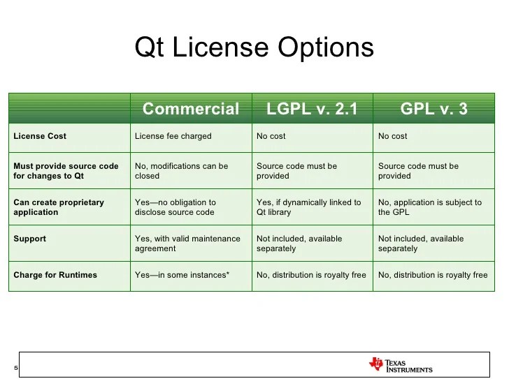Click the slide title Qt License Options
[x=254, y=47]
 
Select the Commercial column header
[x=191, y=109]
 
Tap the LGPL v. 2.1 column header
[x=312, y=109]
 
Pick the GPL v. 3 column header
[x=433, y=109]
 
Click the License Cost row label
[x=40, y=136]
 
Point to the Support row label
[x=30, y=239]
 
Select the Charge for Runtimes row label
[x=55, y=275]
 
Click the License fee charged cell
[x=173, y=136]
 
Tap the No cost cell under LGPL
[x=271, y=136]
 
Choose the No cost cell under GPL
[x=392, y=136]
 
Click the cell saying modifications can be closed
[x=182, y=171]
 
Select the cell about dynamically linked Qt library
[x=309, y=207]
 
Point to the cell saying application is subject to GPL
[x=430, y=207]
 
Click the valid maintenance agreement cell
[x=187, y=244]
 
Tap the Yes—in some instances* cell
[x=182, y=275]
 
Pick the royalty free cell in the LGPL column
[x=311, y=275]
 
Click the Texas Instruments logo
[x=401, y=365]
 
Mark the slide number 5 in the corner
[x=16, y=368]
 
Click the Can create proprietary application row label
[x=59, y=207]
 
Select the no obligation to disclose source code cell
[x=175, y=207]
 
